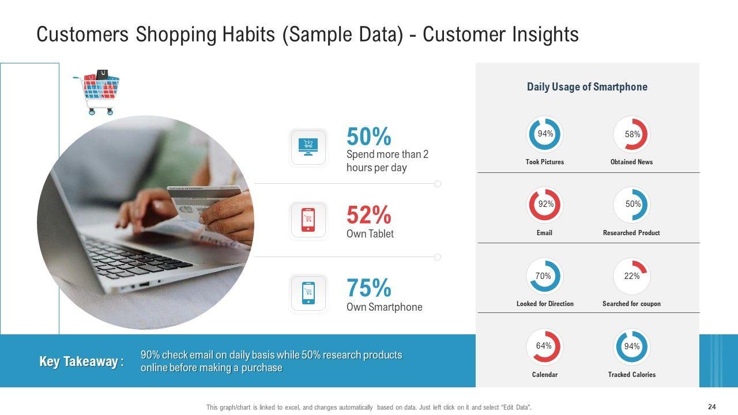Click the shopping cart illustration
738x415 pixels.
point(96,92)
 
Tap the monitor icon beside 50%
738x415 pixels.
point(308,147)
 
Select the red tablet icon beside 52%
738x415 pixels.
point(308,220)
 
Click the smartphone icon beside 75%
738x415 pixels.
point(308,293)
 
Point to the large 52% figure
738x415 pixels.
point(368,215)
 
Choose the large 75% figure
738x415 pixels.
point(368,288)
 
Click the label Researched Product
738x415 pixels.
point(631,233)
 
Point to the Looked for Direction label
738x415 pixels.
point(545,304)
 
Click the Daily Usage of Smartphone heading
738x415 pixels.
point(587,87)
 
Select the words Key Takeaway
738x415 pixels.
point(78,361)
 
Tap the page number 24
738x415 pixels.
point(712,407)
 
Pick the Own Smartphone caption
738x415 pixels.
point(384,307)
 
